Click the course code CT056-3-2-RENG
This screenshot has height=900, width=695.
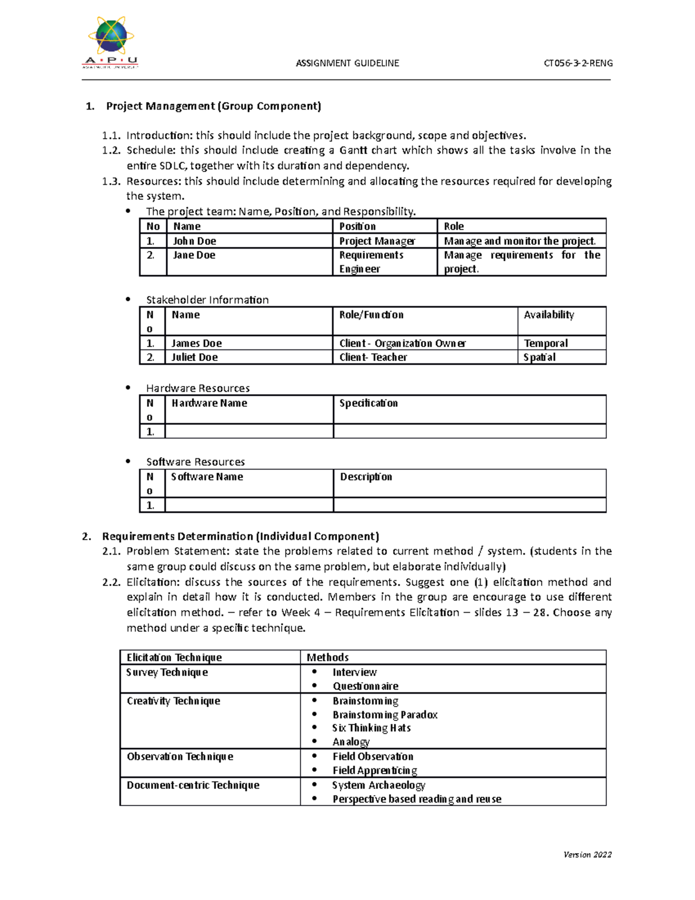tap(577, 63)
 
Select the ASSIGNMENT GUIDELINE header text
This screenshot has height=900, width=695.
tap(347, 63)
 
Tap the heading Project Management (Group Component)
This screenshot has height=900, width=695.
tap(213, 106)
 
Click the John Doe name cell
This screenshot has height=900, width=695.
tap(195, 241)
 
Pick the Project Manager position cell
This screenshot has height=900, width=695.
tap(377, 241)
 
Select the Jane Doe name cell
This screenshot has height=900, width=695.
tap(194, 255)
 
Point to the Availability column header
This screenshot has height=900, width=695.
tap(548, 315)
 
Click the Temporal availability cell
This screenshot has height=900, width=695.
tap(546, 343)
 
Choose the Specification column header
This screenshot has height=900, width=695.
tap(368, 403)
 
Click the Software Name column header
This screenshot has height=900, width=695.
tap(207, 477)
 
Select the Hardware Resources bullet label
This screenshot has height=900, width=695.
tap(197, 388)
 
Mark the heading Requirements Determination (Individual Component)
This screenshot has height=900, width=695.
tap(240, 536)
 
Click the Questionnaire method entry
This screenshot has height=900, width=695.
tap(365, 686)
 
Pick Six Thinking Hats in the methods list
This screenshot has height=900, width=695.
tap(371, 728)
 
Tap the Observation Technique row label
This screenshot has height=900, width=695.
tap(180, 756)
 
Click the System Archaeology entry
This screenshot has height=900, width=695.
tap(379, 785)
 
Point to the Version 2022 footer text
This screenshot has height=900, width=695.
tap(587, 854)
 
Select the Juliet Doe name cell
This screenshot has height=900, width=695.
tap(195, 358)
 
